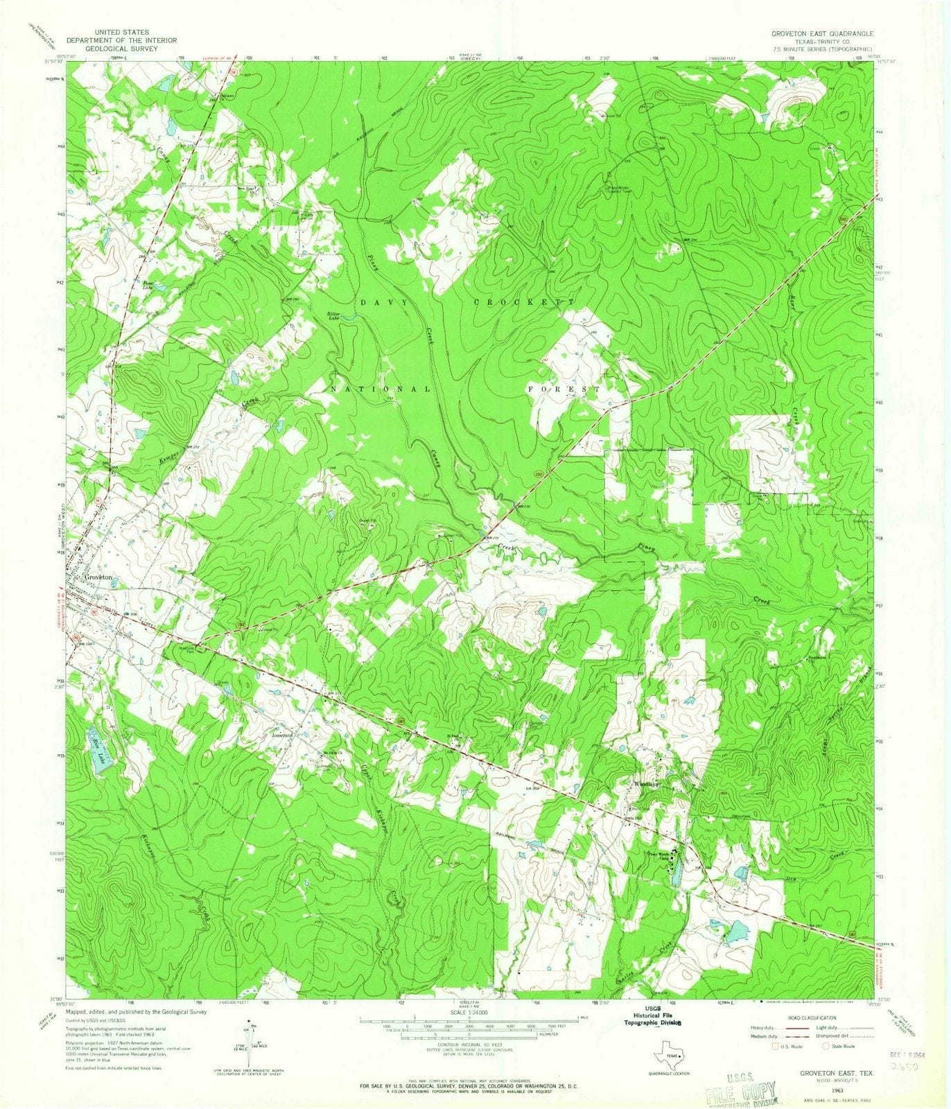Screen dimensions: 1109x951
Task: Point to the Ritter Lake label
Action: point(338,315)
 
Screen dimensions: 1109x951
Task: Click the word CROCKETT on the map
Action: point(524,303)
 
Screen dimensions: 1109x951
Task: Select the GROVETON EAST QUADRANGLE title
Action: point(822,33)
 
